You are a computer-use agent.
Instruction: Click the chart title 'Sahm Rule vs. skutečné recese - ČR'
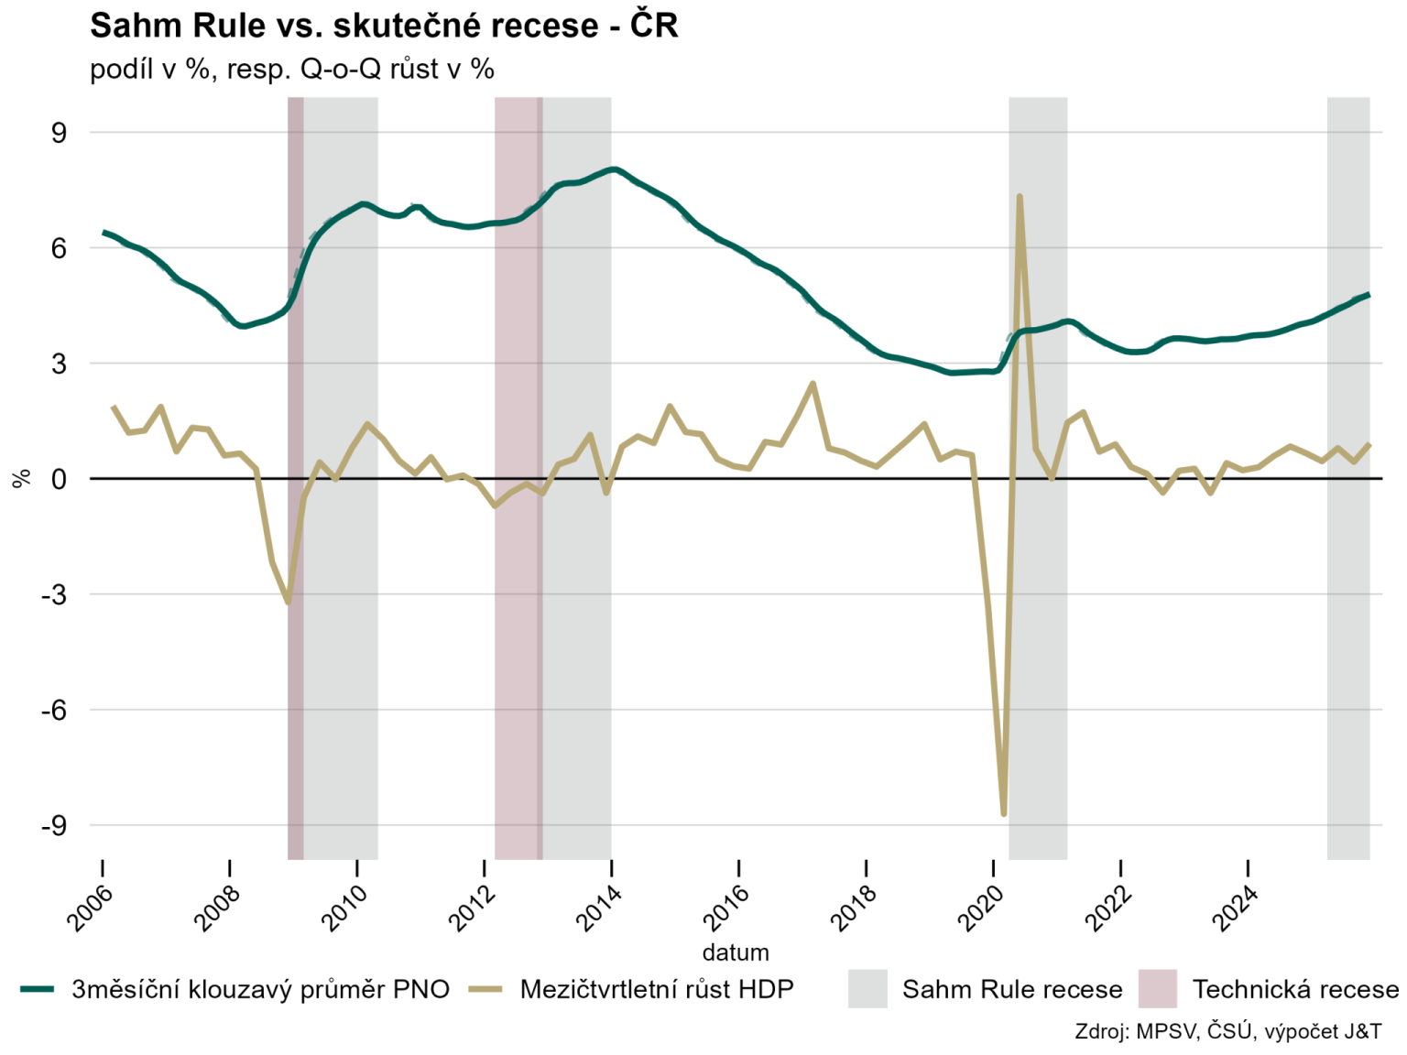tap(384, 26)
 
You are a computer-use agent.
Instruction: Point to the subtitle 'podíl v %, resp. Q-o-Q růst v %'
tap(292, 69)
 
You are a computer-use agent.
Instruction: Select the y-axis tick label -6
tap(54, 710)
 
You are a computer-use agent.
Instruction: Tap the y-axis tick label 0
tap(60, 479)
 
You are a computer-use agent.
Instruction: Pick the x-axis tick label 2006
tap(90, 907)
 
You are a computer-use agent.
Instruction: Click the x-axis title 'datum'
tap(736, 952)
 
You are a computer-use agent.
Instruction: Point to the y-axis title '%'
tap(22, 479)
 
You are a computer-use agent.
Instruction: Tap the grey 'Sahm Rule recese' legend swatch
tap(867, 989)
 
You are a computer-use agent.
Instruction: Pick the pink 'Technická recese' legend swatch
tap(1157, 989)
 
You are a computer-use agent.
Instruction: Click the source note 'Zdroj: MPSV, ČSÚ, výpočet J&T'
tap(1228, 1031)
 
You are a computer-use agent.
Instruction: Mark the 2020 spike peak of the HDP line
tap(1019, 196)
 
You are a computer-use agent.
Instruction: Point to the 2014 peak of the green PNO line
tap(614, 169)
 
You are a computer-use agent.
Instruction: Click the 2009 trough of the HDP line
tap(288, 602)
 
